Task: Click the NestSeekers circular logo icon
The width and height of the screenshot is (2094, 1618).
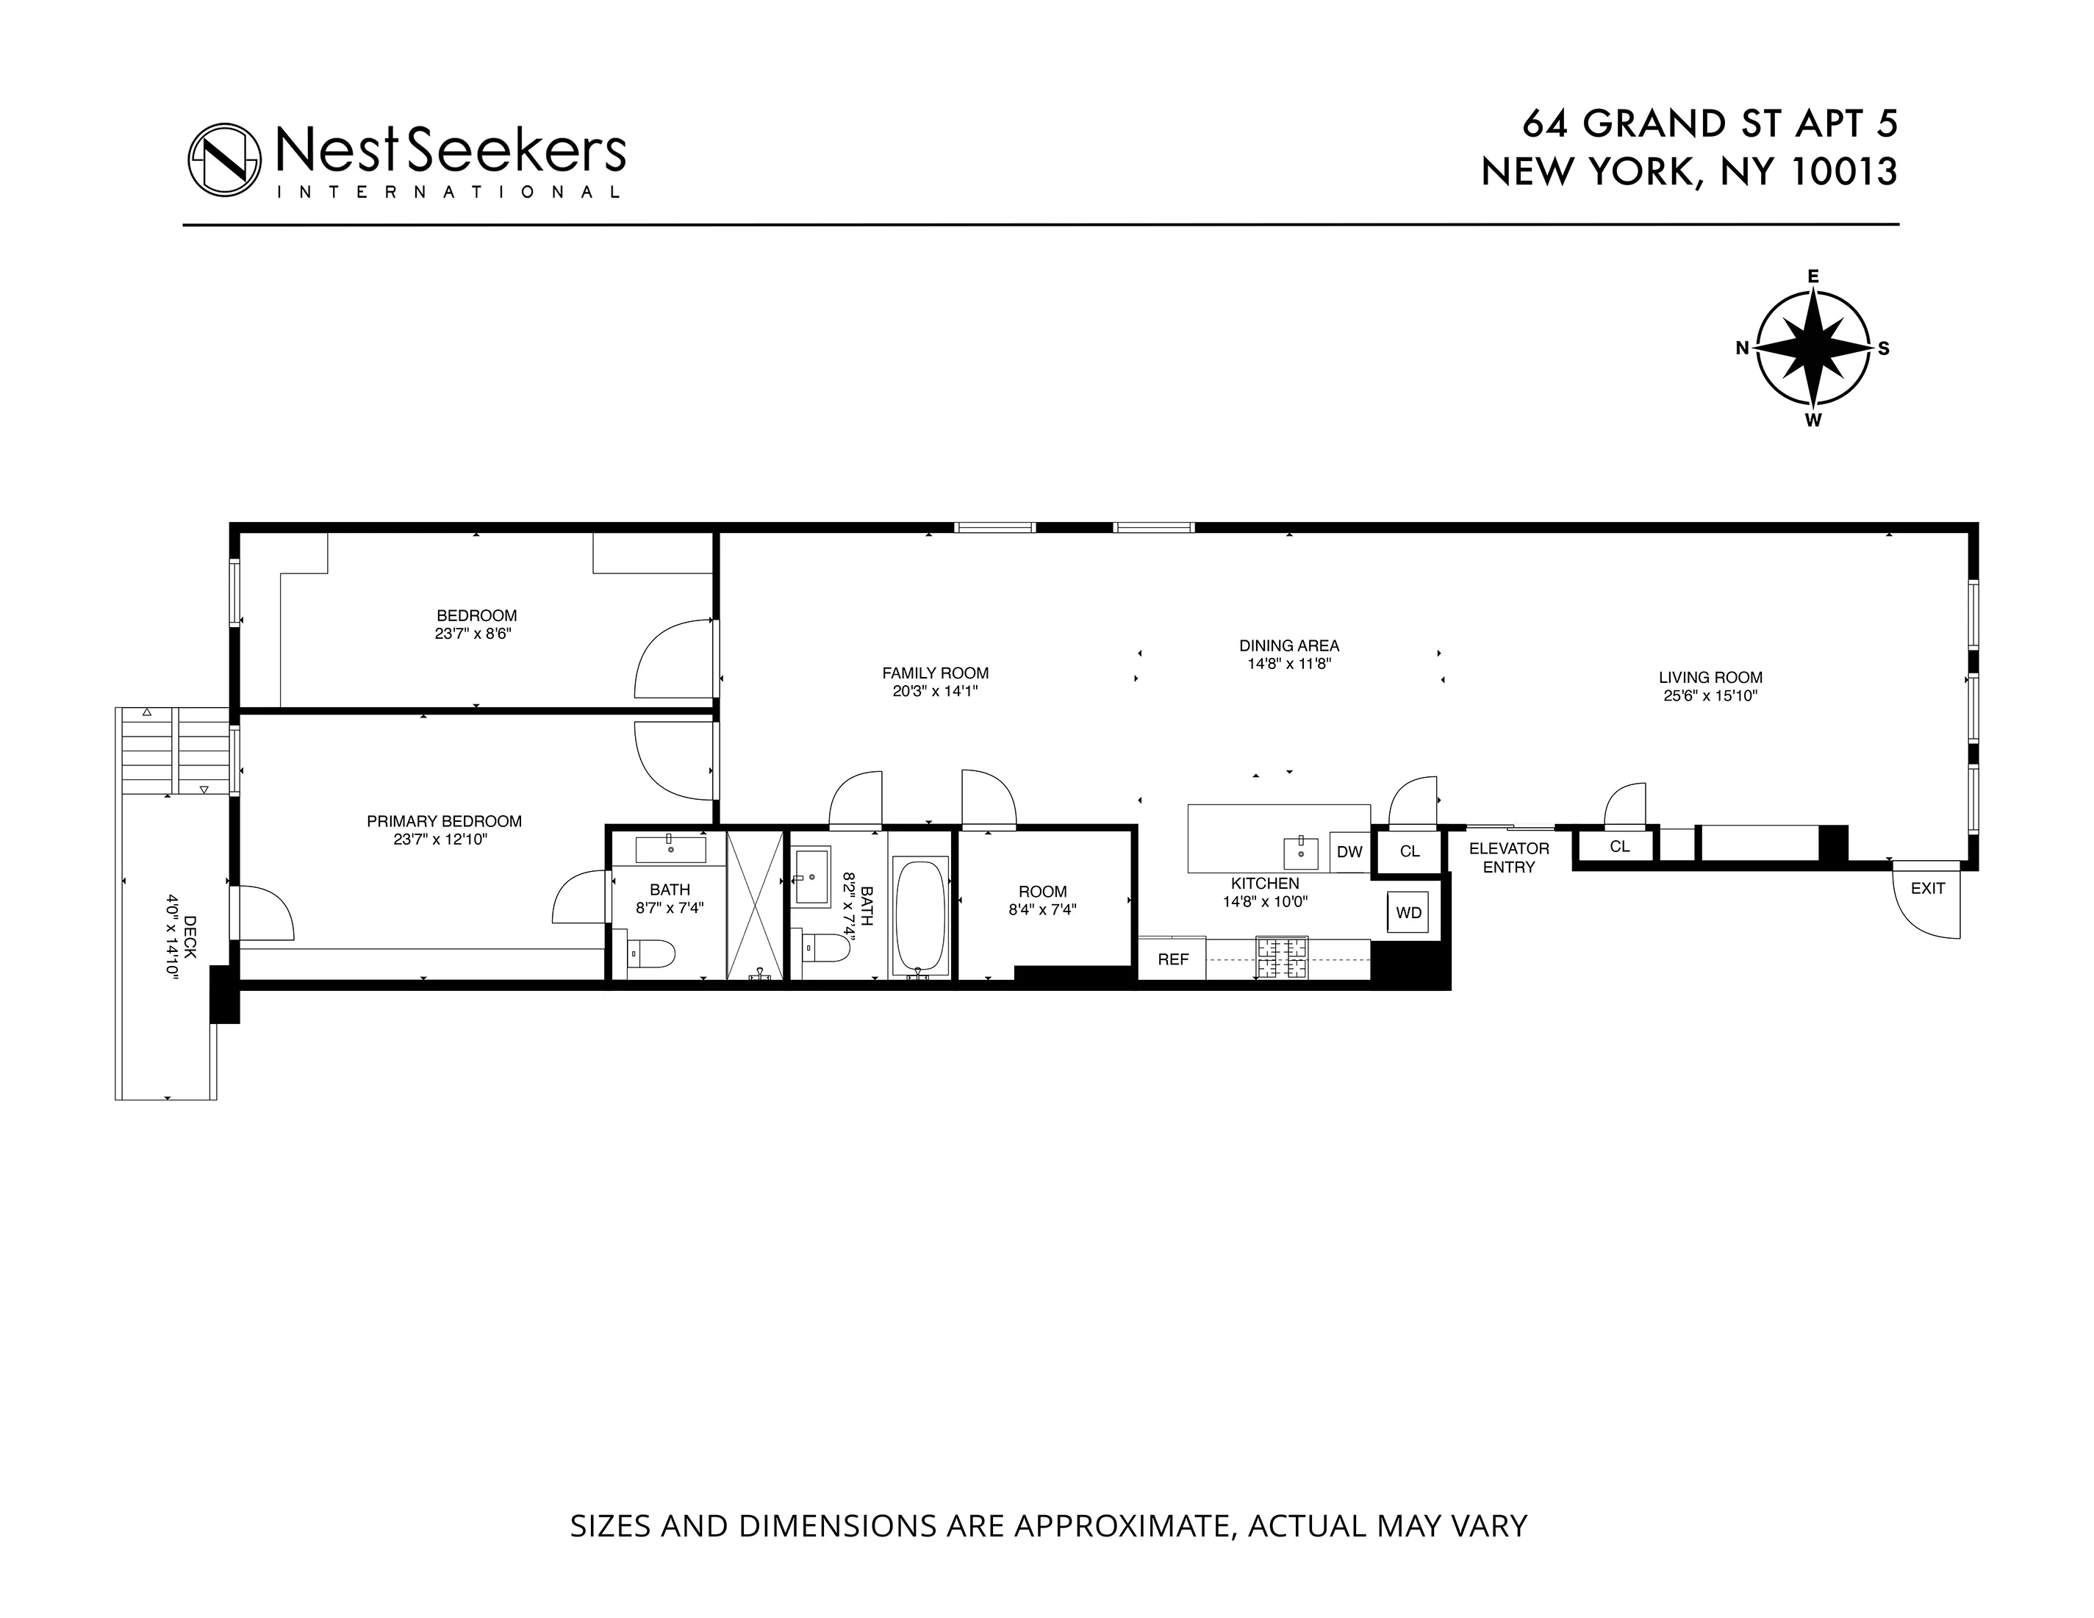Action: [x=224, y=160]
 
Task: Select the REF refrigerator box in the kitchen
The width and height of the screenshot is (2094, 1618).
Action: [x=1172, y=959]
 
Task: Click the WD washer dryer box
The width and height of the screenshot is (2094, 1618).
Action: [x=1408, y=912]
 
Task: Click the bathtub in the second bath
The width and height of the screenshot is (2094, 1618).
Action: [x=919, y=916]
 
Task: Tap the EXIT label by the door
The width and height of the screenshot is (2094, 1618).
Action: [x=1927, y=888]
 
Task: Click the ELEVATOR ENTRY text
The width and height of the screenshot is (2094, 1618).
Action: [x=1508, y=857]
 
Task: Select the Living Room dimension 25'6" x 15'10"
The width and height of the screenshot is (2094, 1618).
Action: [x=1710, y=696]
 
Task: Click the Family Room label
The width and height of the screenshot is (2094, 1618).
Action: [x=935, y=673]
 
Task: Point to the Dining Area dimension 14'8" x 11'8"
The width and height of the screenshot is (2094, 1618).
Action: [x=1288, y=664]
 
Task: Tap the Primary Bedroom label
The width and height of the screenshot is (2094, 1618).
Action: [x=444, y=821]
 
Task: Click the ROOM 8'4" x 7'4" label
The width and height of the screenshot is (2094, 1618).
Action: [x=1042, y=900]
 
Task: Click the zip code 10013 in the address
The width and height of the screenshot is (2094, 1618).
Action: [x=1845, y=172]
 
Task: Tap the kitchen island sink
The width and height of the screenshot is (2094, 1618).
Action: [x=1300, y=850]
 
